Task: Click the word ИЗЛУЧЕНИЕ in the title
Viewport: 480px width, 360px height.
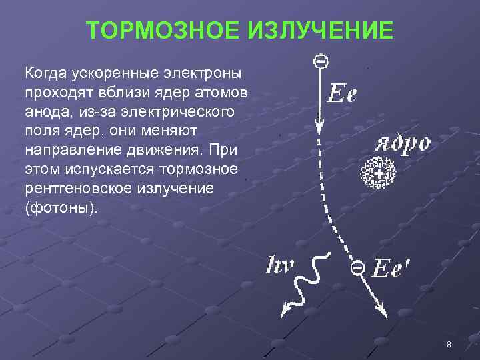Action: (319, 29)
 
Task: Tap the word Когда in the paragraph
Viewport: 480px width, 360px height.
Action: (45, 71)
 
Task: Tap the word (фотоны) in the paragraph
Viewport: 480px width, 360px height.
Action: (60, 207)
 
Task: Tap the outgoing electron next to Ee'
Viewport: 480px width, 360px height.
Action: (357, 267)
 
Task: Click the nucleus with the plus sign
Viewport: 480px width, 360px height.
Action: (377, 174)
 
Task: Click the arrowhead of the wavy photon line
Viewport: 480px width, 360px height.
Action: (287, 308)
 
